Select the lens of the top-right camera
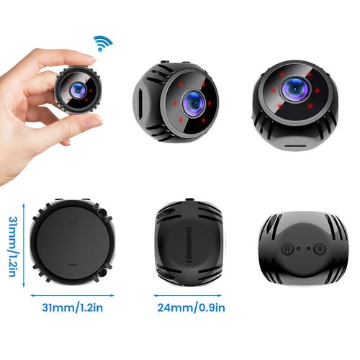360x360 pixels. click(294, 89)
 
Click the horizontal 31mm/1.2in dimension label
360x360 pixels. click(73, 307)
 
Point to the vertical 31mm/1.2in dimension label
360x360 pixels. click(13, 247)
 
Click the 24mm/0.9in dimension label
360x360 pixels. click(192, 307)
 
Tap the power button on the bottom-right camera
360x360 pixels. click(287, 248)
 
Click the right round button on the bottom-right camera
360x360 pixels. click(319, 249)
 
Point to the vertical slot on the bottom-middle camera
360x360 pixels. click(189, 244)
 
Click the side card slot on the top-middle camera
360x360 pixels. click(140, 102)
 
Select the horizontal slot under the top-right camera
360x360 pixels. click(295, 145)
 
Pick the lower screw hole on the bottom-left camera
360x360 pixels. click(103, 272)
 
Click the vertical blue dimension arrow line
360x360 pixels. click(24, 245)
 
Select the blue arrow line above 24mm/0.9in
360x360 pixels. click(187, 296)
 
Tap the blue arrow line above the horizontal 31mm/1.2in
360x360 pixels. click(72, 296)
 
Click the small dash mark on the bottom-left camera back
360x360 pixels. click(72, 264)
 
